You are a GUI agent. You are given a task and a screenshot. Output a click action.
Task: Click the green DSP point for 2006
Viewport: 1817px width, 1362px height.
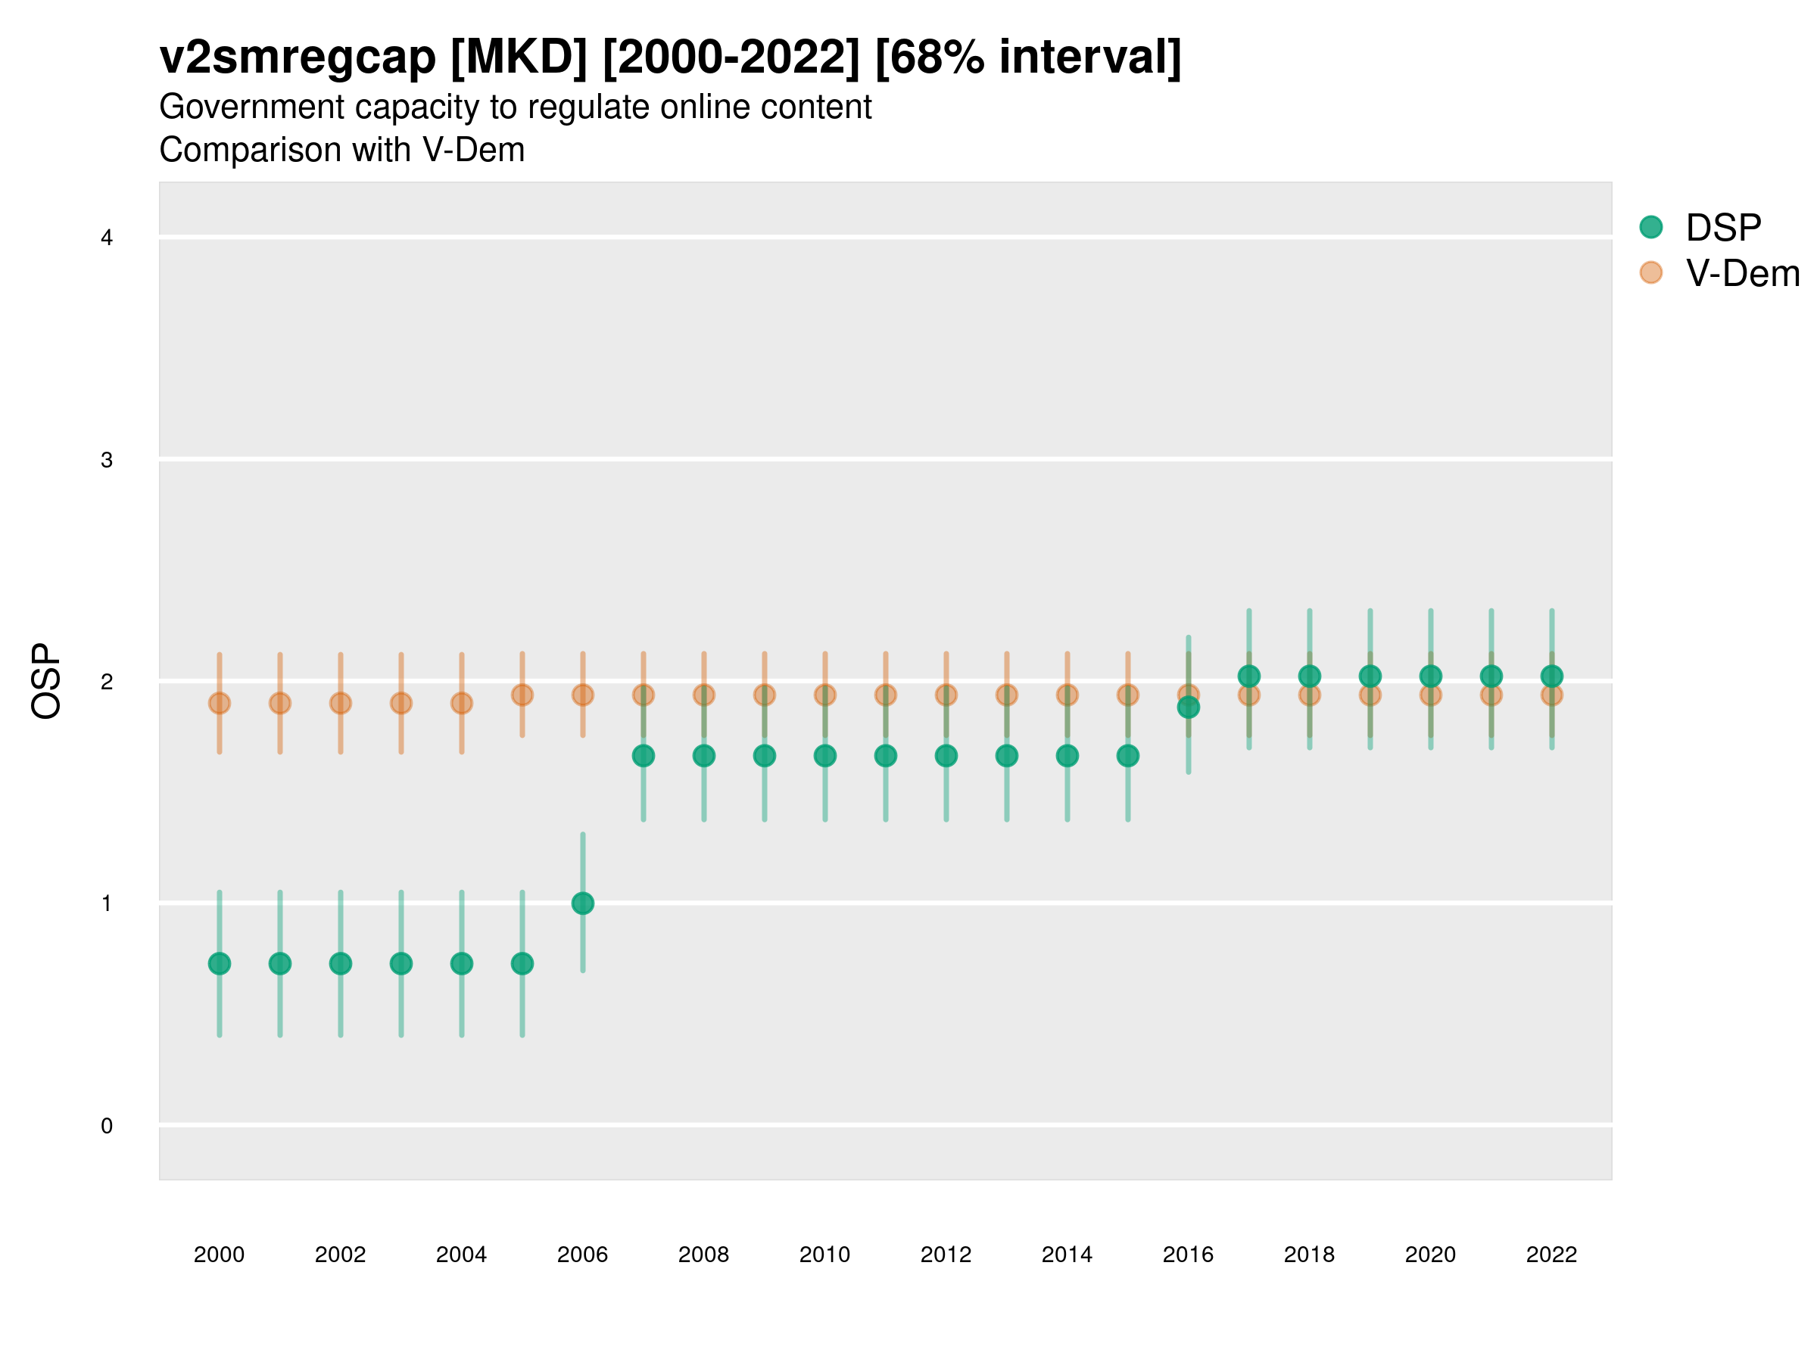[x=582, y=903]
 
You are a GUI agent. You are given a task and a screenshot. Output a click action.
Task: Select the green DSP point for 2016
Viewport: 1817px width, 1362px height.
[x=1188, y=707]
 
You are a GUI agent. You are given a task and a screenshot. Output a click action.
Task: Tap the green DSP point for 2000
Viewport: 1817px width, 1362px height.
[x=220, y=963]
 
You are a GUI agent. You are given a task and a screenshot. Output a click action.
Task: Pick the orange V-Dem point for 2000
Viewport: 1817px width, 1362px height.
[x=220, y=703]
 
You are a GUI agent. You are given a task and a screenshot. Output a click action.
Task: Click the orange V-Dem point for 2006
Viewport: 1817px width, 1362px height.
[x=582, y=695]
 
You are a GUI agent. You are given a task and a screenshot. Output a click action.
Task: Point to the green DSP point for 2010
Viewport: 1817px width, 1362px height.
[x=824, y=755]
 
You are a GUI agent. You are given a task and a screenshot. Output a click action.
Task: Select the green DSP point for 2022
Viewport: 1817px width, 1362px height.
[x=1551, y=676]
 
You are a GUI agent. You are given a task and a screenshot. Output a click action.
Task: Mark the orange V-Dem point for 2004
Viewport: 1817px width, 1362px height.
[x=462, y=703]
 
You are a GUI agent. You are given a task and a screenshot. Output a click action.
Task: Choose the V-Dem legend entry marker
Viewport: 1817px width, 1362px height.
[x=1650, y=272]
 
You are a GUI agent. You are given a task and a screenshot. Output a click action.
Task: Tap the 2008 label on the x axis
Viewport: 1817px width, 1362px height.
[x=703, y=1255]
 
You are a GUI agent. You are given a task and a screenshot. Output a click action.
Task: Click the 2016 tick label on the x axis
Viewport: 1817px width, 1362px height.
[x=1188, y=1255]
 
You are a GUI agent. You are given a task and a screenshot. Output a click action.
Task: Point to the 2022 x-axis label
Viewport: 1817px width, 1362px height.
[x=1551, y=1255]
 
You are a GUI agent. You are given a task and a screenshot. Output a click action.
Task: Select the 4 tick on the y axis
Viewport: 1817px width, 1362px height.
[x=107, y=238]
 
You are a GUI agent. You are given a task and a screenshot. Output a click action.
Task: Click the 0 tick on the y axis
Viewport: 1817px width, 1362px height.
[x=107, y=1126]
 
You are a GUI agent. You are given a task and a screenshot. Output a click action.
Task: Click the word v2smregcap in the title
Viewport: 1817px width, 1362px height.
[x=298, y=58]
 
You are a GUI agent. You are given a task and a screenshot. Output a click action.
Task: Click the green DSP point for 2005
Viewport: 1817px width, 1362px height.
[x=522, y=963]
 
